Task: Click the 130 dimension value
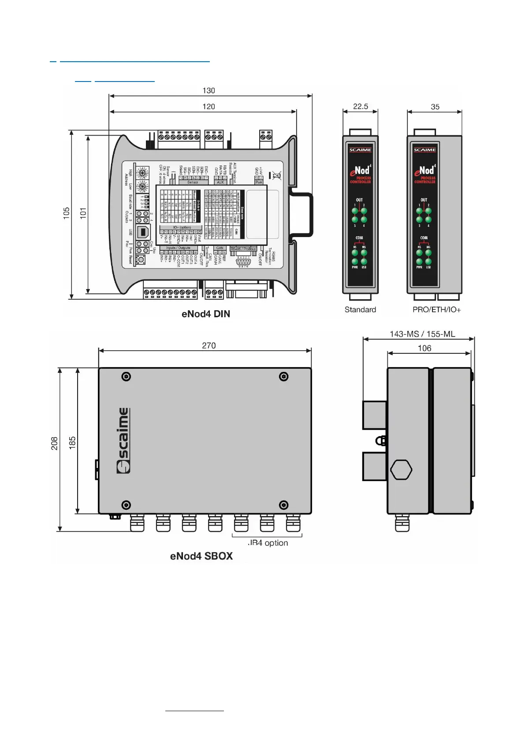point(209,91)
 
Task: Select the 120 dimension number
point(209,107)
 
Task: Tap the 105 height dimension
point(67,213)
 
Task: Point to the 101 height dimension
point(83,213)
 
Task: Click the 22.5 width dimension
point(360,107)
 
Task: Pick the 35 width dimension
point(435,107)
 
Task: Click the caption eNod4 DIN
point(205,314)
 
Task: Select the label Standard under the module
point(360,310)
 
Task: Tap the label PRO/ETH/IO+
point(436,310)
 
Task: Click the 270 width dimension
point(209,346)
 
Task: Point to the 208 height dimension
point(54,443)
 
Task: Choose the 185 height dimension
point(72,442)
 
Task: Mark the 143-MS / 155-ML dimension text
point(422,334)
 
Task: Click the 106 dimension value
point(424,349)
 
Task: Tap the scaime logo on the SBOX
point(123,441)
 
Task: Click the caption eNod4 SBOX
point(201,556)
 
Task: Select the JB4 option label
point(268,543)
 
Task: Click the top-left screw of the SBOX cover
point(127,377)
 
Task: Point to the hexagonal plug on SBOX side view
point(401,470)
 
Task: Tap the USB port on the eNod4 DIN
point(142,231)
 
